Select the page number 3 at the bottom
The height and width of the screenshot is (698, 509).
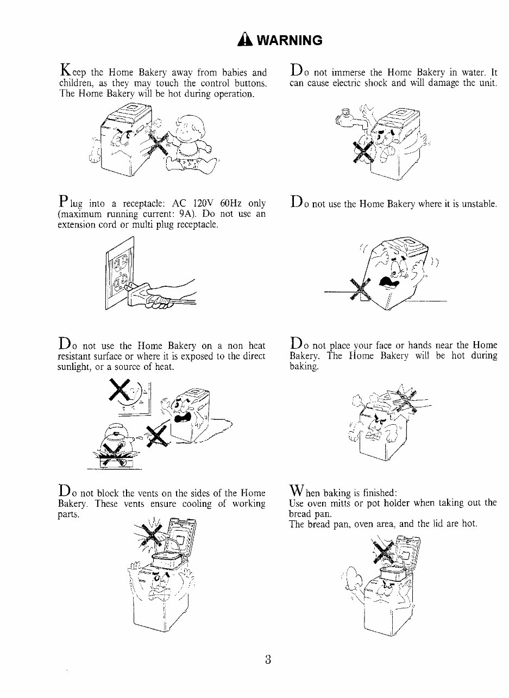(x=268, y=659)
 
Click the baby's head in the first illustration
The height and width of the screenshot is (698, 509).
(x=190, y=128)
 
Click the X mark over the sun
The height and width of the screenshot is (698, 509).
(x=120, y=390)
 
